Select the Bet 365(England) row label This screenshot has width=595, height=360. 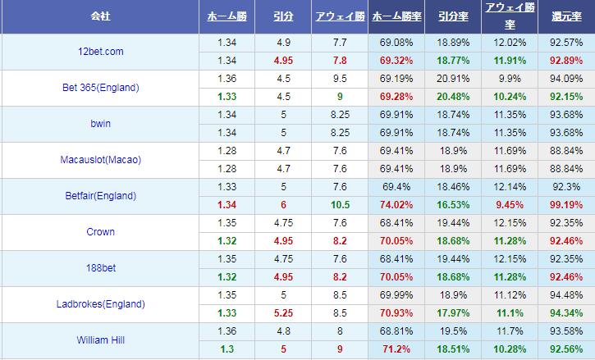tap(100, 87)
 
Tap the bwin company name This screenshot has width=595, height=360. tap(99, 123)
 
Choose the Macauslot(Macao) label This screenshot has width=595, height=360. tap(100, 159)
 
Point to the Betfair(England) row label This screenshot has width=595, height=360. tap(99, 195)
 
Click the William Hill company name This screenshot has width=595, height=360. tap(99, 339)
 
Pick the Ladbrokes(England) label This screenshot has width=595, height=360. tap(100, 303)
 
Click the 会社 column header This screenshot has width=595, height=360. tap(99, 16)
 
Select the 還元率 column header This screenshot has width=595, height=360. tap(566, 16)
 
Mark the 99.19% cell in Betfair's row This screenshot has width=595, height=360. tap(566, 204)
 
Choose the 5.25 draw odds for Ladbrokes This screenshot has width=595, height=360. tap(283, 312)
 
